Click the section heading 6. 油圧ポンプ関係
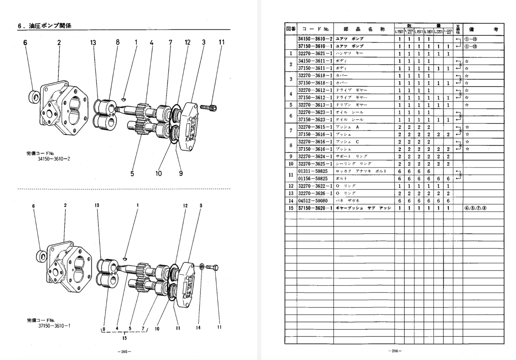pos(44,26)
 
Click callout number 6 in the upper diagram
pos(25,43)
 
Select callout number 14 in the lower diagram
pos(198,327)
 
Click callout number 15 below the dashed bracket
pos(124,338)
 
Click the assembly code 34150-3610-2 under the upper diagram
pos(54,159)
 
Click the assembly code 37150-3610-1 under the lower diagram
pos(54,326)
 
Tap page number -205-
pos(124,352)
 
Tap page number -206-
pos(395,351)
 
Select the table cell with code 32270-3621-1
pos(315,54)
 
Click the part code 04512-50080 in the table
pos(313,201)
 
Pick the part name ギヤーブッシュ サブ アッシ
pos(363,208)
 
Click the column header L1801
pos(428,32)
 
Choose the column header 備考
pos(483,29)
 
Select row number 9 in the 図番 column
pos(291,156)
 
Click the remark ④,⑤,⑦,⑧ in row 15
pos(476,208)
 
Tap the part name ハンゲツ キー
pos(349,54)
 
